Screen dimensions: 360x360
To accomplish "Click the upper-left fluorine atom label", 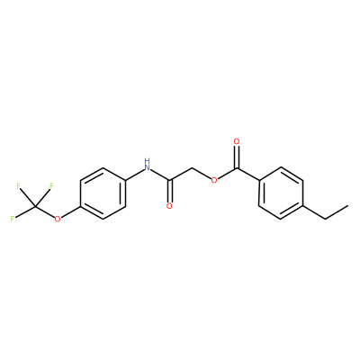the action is pyautogui.click(x=19, y=186).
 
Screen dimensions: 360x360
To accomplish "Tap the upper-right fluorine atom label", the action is pyautogui.click(x=51, y=186).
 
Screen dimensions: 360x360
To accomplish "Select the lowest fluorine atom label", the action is pyautogui.click(x=13, y=219).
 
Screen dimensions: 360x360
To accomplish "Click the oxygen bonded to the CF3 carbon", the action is pyautogui.click(x=58, y=219).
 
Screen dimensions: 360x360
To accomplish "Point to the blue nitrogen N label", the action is pyautogui.click(x=147, y=167).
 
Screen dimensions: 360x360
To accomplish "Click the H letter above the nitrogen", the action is pyautogui.click(x=147, y=159).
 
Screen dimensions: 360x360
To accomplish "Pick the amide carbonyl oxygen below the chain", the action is pyautogui.click(x=169, y=206).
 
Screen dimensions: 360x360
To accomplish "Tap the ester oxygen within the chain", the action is pyautogui.click(x=214, y=180).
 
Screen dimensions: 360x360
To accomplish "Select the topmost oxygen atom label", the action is pyautogui.click(x=237, y=141).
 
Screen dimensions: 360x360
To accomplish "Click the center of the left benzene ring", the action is pyautogui.click(x=103, y=193).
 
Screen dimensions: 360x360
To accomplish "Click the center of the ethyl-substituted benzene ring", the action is pyautogui.click(x=281, y=193).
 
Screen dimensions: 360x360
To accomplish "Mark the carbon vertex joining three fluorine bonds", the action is pyautogui.click(x=35, y=206).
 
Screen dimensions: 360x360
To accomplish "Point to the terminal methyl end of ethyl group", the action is pyautogui.click(x=348, y=206).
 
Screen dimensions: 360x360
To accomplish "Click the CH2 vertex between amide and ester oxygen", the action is pyautogui.click(x=192, y=168).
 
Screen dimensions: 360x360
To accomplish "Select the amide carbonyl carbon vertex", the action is pyautogui.click(x=169, y=181).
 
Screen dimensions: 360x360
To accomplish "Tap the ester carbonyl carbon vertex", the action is pyautogui.click(x=237, y=168).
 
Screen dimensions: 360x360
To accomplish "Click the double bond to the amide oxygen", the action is pyautogui.click(x=169, y=192).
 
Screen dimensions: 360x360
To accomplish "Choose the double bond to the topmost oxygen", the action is pyautogui.click(x=237, y=157).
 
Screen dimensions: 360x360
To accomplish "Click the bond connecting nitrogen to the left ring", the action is pyautogui.click(x=134, y=175).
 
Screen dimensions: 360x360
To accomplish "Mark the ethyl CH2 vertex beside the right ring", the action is pyautogui.click(x=326, y=219).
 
